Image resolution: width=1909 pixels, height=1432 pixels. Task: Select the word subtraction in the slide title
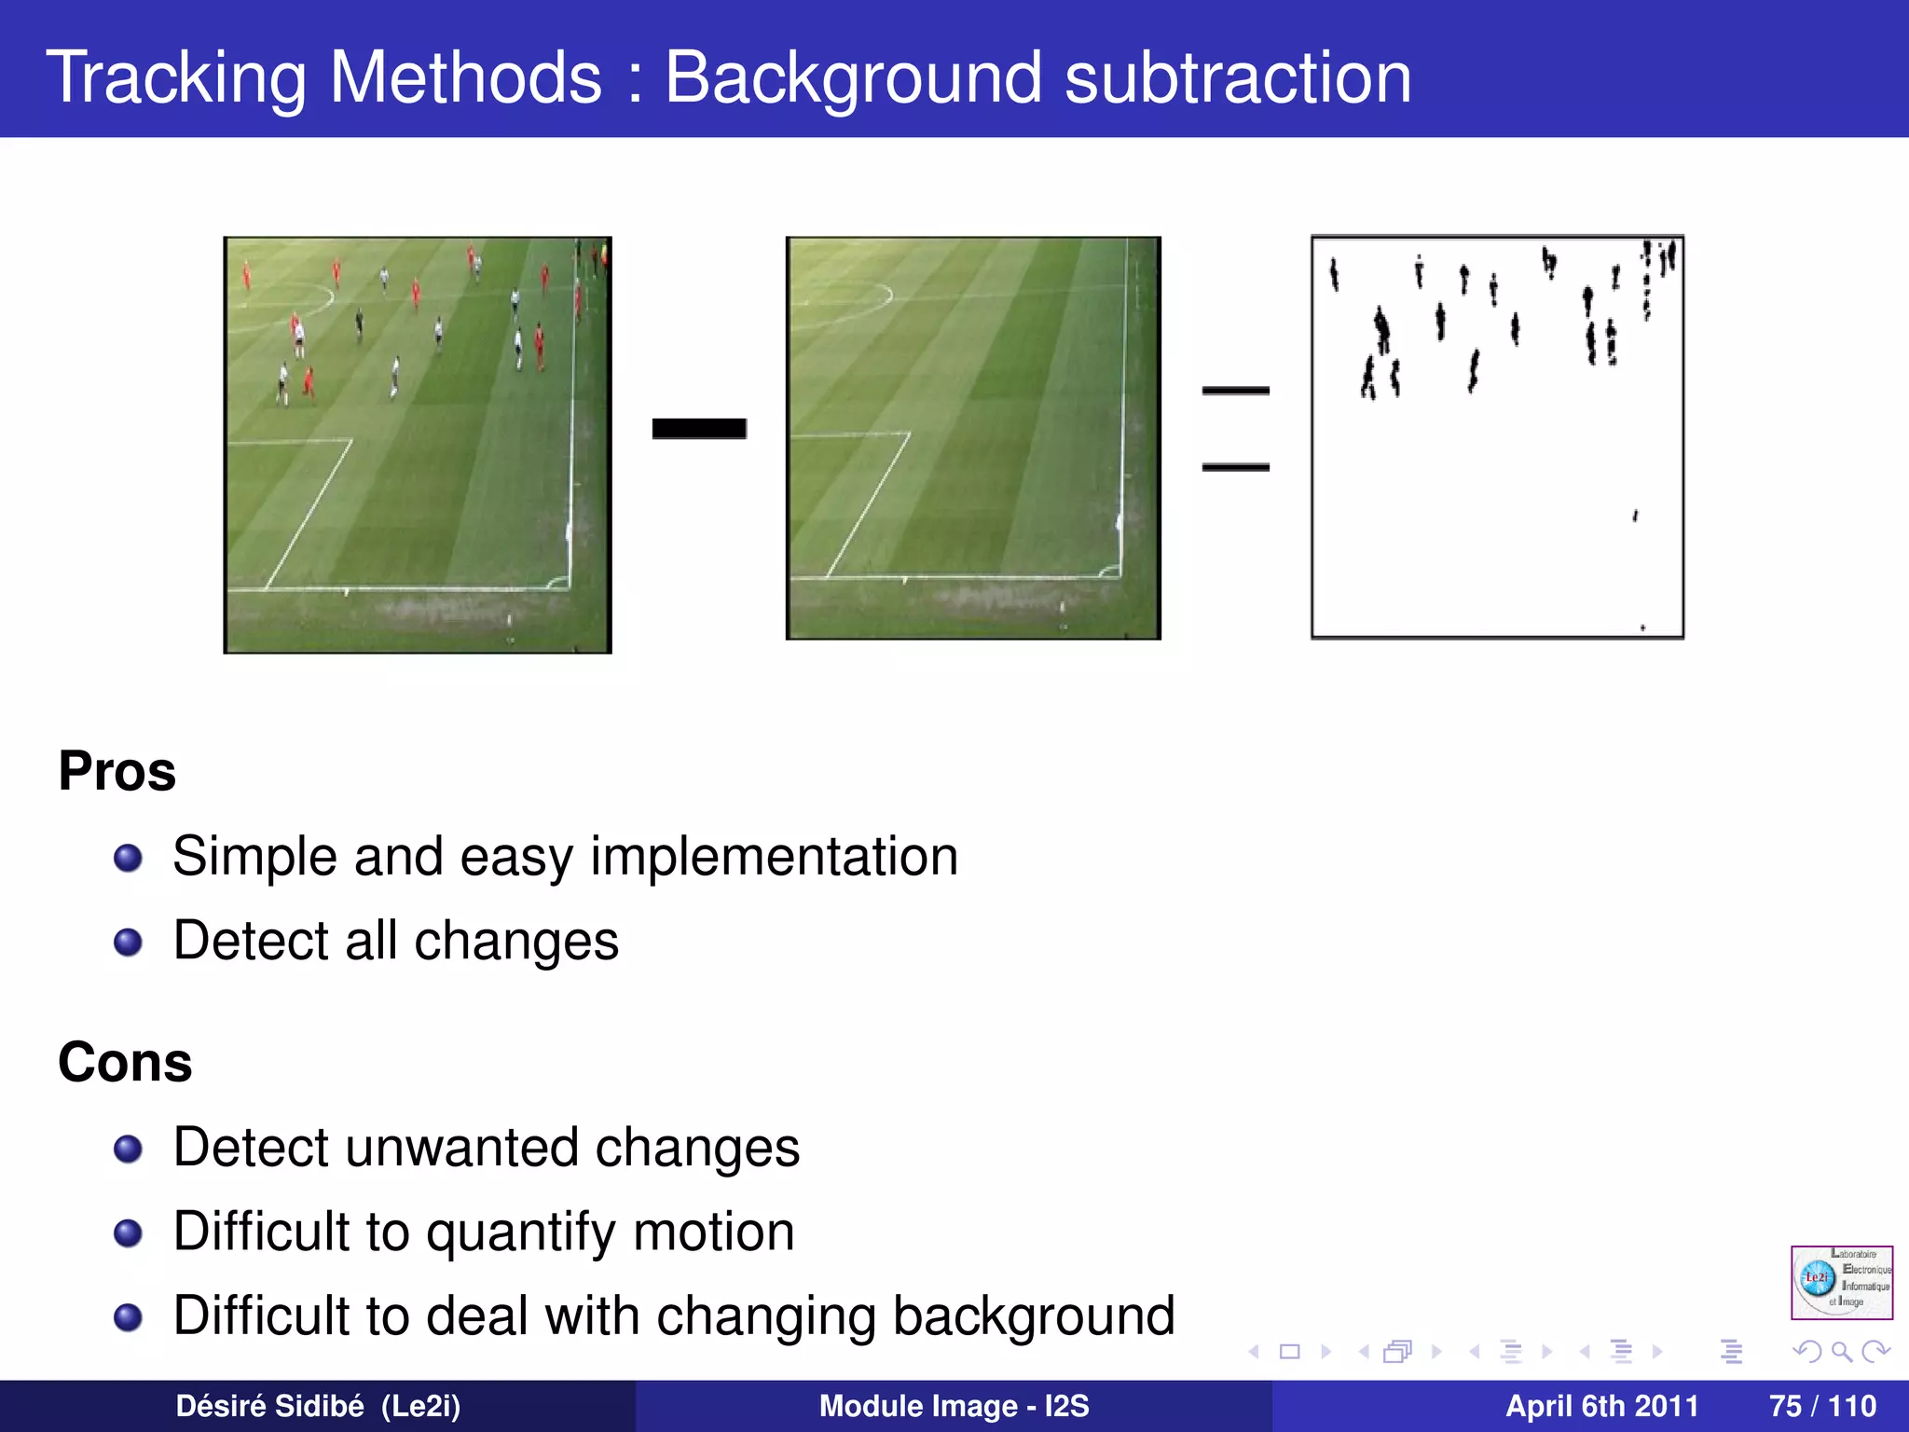(x=1237, y=78)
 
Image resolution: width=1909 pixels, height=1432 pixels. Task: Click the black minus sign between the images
(x=699, y=428)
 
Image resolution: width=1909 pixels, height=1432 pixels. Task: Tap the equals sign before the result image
(x=1235, y=428)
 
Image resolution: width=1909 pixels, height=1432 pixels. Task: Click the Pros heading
(x=117, y=772)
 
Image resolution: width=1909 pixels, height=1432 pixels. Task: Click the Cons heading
(x=125, y=1063)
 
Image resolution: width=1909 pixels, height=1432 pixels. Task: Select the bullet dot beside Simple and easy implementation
(x=128, y=858)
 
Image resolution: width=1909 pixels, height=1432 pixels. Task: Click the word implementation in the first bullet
(x=774, y=858)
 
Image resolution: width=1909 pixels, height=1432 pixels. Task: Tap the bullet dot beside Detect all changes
(x=128, y=943)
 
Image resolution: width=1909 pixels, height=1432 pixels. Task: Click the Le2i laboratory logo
(x=1841, y=1282)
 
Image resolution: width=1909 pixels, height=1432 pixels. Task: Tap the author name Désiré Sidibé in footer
(x=270, y=1406)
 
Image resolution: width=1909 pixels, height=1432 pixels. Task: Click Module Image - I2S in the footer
(x=954, y=1406)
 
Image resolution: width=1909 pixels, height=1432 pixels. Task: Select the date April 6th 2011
(x=1601, y=1406)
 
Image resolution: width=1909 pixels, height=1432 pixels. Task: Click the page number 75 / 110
(x=1822, y=1406)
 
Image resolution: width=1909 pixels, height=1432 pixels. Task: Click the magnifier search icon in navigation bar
(x=1841, y=1351)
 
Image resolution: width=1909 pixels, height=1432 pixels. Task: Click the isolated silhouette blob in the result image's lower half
(x=1635, y=516)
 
